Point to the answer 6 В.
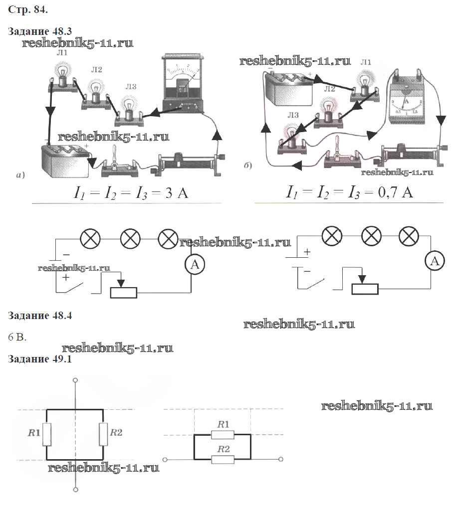(x=17, y=337)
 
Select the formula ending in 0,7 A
(x=349, y=192)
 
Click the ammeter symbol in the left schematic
(x=195, y=265)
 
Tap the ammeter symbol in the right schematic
(x=435, y=260)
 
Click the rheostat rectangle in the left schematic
(x=123, y=292)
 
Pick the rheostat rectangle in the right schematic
(x=365, y=289)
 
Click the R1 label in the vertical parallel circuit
(x=34, y=433)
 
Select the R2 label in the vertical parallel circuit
(x=116, y=433)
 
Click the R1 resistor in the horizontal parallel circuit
(x=223, y=435)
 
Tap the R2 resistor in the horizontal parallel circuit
(x=223, y=459)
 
